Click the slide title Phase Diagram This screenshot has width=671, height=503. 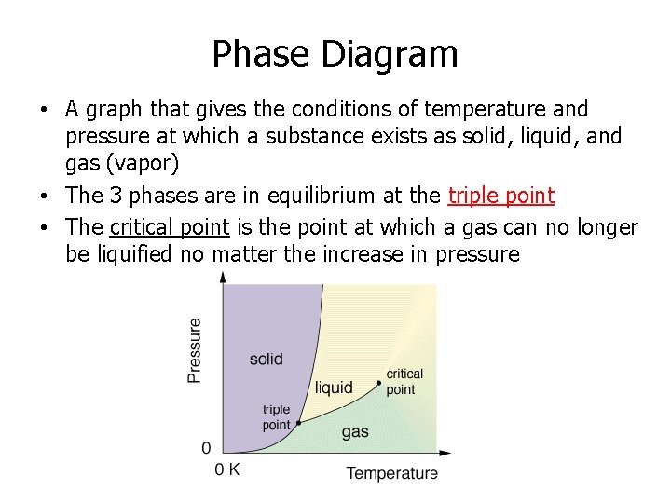[x=335, y=54]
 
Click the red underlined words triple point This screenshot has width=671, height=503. [x=500, y=196]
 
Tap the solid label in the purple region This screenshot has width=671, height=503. [x=267, y=360]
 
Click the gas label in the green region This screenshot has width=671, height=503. [x=355, y=431]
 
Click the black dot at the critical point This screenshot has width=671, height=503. [x=378, y=383]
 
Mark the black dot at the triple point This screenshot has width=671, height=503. [x=298, y=423]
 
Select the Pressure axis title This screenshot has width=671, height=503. [x=195, y=350]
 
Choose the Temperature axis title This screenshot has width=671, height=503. [x=391, y=473]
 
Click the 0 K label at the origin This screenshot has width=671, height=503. [x=227, y=469]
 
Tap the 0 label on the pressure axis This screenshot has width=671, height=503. [x=206, y=448]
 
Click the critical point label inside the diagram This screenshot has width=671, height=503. [x=404, y=382]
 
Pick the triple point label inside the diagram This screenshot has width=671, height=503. [x=276, y=417]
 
